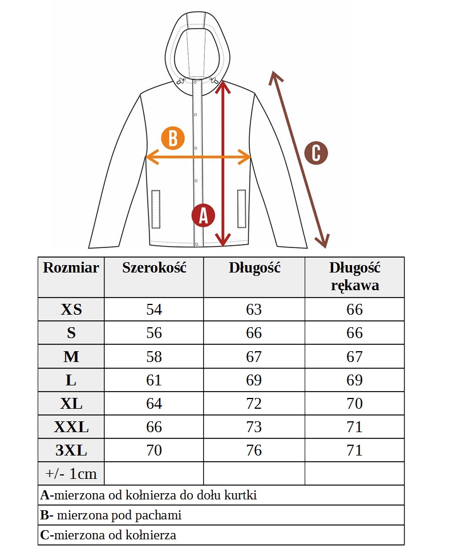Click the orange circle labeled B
pyautogui.click(x=173, y=138)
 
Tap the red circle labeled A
pyautogui.click(x=203, y=215)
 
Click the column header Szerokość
pyautogui.click(x=154, y=268)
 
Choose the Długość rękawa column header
pyautogui.click(x=354, y=276)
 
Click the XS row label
pyautogui.click(x=71, y=310)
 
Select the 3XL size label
pyautogui.click(x=71, y=450)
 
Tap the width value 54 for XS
pyautogui.click(x=154, y=310)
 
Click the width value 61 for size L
pyautogui.click(x=154, y=380)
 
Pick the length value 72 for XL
pyautogui.click(x=254, y=403)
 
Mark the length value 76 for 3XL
pyautogui.click(x=254, y=450)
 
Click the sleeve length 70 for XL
pyautogui.click(x=354, y=403)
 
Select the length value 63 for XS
pyautogui.click(x=254, y=310)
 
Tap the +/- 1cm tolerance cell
pyautogui.click(x=71, y=474)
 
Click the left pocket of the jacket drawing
pyautogui.click(x=156, y=209)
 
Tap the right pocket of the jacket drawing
pyautogui.click(x=241, y=209)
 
